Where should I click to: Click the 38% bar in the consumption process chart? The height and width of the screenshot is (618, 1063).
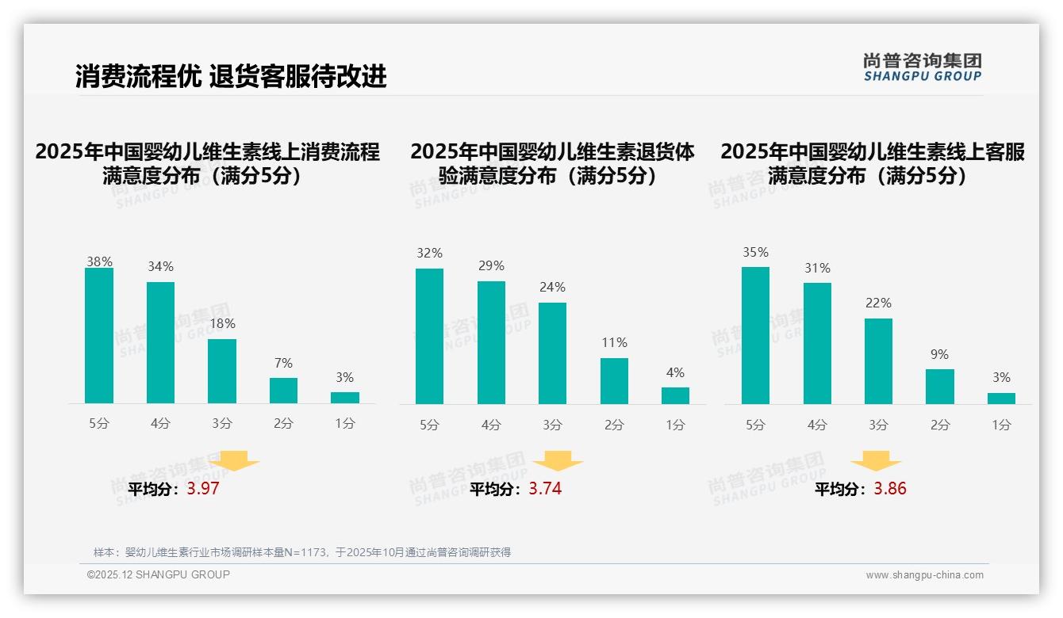99,336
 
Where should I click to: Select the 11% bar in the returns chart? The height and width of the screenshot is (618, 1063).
614,381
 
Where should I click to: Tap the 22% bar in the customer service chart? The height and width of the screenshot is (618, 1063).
878,361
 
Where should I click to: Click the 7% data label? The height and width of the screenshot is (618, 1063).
283,364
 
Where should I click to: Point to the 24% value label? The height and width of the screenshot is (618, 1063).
553,287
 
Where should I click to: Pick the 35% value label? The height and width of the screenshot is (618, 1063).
755,252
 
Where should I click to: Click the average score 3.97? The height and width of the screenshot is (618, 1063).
203,489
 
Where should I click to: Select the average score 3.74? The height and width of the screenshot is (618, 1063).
545,489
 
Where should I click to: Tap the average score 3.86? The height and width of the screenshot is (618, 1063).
890,489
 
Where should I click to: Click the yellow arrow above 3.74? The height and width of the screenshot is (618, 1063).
558,461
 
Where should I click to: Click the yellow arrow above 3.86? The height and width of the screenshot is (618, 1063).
876,461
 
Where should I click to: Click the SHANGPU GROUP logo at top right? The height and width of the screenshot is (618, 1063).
922,67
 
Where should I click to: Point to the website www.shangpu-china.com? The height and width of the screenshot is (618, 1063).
924,575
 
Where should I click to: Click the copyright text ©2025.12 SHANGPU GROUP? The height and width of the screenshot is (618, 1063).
159,574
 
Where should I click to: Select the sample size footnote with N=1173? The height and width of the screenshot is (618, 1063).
302,552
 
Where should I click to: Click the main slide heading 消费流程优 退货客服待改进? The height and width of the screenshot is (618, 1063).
231,76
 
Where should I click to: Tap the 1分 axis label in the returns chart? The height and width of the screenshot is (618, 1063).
675,425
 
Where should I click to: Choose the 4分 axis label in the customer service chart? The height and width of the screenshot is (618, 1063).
817,425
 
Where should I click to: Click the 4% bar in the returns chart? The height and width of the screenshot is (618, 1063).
675,395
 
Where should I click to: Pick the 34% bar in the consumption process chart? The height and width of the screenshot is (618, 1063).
160,342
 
